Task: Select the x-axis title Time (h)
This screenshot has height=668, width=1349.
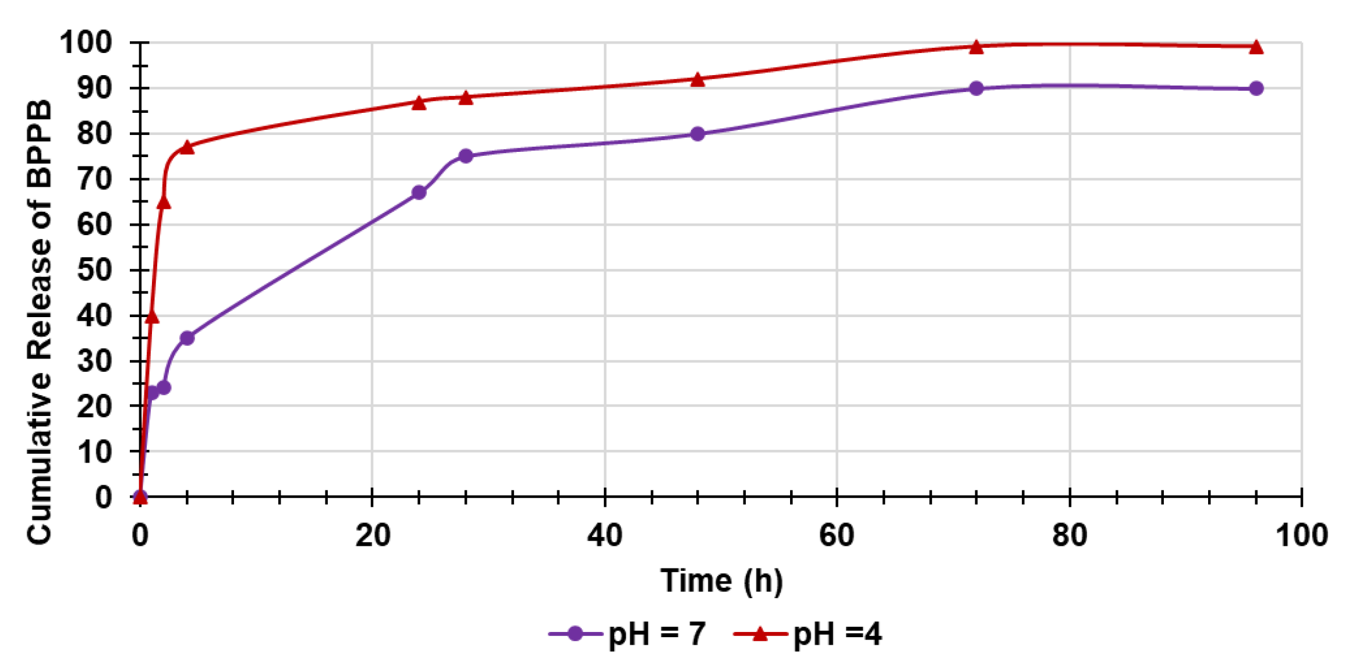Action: coord(721,581)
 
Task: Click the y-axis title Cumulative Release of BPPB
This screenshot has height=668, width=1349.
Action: coord(39,323)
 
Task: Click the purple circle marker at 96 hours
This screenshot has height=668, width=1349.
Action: coord(1256,88)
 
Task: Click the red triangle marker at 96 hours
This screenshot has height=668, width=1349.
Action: coord(1256,47)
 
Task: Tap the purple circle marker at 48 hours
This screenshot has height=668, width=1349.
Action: coord(697,134)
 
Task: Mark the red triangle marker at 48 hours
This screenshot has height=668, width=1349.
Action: coord(697,80)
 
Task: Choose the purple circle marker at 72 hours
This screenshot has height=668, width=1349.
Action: coord(976,88)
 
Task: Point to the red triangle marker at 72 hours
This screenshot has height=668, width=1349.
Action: coord(976,47)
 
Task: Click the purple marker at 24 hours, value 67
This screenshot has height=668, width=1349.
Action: coord(419,193)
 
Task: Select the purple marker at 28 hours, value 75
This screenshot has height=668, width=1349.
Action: coord(465,156)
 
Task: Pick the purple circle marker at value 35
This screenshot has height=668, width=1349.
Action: coord(187,338)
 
